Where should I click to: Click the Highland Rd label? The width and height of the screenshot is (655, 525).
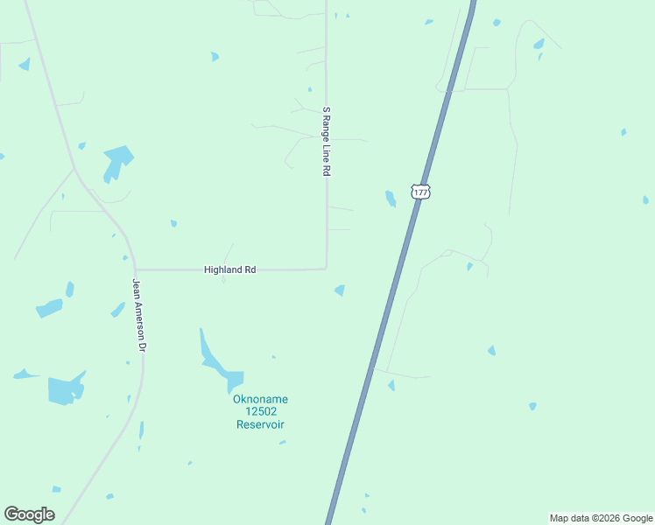tap(229, 270)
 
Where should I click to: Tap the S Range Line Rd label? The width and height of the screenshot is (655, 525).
tap(326, 142)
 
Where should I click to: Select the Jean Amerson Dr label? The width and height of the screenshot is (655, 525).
tap(138, 315)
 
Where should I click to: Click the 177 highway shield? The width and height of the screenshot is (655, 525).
tap(421, 192)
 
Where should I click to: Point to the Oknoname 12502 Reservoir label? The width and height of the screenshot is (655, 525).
tap(260, 412)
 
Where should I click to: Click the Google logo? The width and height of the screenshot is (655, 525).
tap(29, 514)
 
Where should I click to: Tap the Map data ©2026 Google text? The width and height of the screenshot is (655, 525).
tap(601, 518)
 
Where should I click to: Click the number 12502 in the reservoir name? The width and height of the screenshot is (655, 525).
tap(260, 412)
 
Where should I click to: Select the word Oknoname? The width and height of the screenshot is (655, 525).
tap(260, 400)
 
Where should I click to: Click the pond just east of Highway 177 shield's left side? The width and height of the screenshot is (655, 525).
tap(391, 199)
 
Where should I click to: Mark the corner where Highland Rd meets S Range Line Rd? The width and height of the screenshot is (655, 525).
tap(327, 269)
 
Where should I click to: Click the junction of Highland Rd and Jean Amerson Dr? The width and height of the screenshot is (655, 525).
tap(135, 269)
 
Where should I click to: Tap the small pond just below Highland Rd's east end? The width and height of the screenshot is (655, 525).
tap(340, 290)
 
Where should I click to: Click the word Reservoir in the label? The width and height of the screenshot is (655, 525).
tap(260, 424)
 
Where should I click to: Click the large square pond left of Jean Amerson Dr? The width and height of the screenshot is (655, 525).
tap(63, 390)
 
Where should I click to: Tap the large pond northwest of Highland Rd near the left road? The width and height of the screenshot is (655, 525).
tap(116, 161)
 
